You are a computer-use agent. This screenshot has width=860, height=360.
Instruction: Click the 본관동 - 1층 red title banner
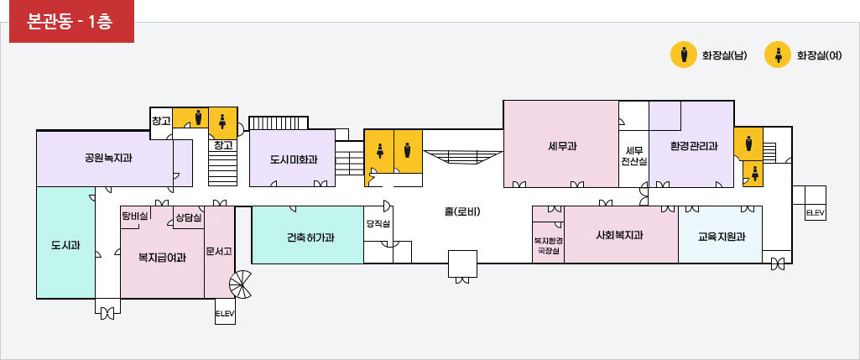point(72,22)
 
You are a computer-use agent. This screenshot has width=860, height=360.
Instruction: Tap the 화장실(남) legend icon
point(684,55)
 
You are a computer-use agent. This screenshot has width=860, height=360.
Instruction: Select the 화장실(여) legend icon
point(778,55)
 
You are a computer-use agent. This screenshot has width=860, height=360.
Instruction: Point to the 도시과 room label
point(65,245)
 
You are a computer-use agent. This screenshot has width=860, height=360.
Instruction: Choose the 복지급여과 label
point(162,256)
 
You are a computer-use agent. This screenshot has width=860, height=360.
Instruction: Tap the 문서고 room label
point(219,252)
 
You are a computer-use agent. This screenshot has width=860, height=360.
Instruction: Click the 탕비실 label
point(135,217)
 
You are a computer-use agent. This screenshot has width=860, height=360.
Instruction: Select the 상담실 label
point(189,218)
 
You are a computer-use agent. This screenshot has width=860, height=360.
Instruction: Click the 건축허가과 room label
point(310,237)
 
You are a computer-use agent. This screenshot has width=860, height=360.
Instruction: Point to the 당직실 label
point(378,224)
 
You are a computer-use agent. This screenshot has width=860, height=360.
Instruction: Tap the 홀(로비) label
point(462,211)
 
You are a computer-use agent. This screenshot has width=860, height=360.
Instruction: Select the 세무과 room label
point(562,147)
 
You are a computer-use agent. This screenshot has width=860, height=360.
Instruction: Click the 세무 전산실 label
point(634,156)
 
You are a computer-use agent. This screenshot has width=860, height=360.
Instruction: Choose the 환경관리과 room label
point(694,147)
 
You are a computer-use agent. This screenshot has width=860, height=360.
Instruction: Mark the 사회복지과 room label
point(620,236)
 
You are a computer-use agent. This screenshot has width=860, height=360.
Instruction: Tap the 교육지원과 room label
point(722,237)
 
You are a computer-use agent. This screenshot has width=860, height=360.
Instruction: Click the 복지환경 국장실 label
point(549,246)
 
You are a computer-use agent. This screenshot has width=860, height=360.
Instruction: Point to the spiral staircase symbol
point(240,284)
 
